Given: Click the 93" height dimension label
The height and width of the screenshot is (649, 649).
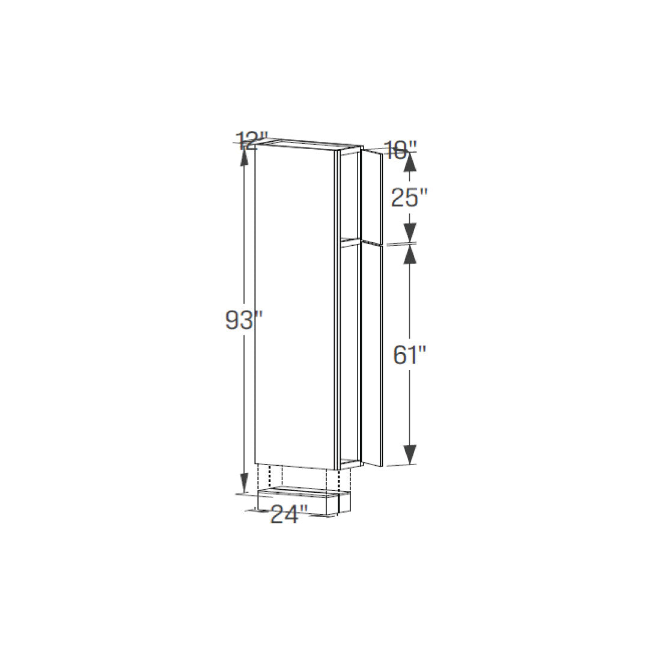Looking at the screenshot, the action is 244,320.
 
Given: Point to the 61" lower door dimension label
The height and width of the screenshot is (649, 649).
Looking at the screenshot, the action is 410,355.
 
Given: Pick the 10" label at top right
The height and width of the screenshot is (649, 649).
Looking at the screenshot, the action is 400,150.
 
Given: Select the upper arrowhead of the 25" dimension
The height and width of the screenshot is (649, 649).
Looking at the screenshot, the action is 410,162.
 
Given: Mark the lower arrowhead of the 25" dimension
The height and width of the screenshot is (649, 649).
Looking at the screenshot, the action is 410,232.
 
